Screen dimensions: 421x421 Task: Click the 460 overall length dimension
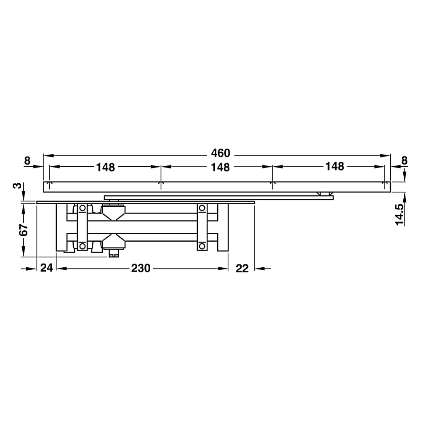(x=221, y=153)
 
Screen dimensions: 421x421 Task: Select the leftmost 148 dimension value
(x=106, y=167)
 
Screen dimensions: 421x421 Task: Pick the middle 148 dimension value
(x=220, y=167)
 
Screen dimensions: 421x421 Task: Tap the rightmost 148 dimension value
(x=335, y=166)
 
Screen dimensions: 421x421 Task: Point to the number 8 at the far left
(x=27, y=161)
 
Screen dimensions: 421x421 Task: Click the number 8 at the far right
(x=404, y=160)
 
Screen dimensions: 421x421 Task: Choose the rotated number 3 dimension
(x=17, y=186)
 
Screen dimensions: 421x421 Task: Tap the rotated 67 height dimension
(x=24, y=229)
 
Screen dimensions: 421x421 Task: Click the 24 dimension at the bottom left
(x=46, y=268)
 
